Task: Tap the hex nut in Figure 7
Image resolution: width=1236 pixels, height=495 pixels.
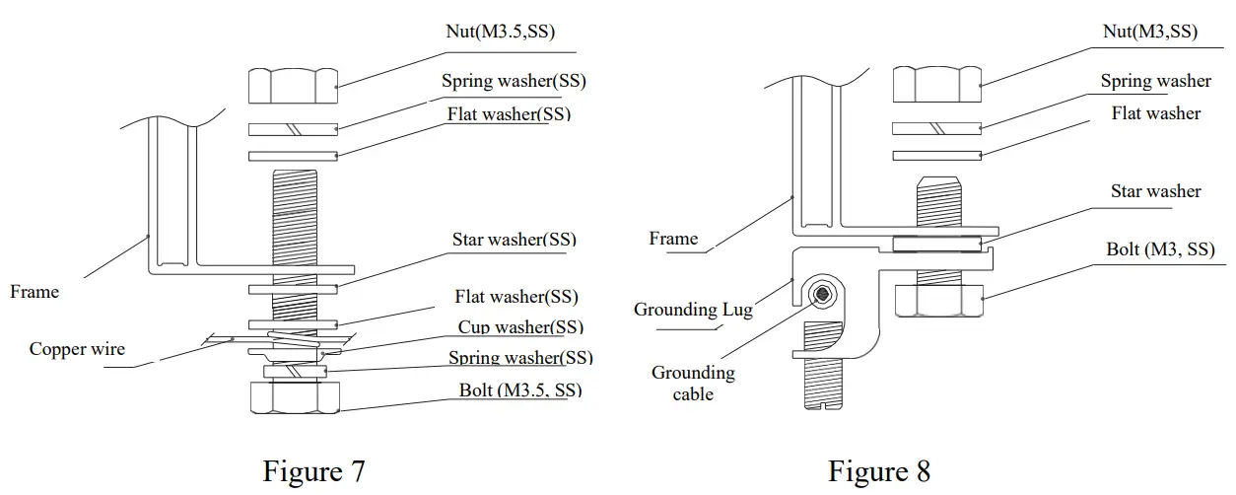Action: coord(293,86)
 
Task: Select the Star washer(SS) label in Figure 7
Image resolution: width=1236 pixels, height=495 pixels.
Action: coord(514,240)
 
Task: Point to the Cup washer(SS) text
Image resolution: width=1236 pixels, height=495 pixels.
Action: coord(520,327)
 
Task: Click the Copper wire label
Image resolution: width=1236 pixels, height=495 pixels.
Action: coord(77,349)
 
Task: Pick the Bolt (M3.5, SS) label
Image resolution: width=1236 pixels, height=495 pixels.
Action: coord(519,389)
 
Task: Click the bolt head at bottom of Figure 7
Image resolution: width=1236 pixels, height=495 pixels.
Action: coord(293,397)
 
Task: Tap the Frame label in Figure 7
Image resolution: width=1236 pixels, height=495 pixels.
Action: coord(34,292)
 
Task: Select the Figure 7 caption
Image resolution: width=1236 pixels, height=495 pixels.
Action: coord(313,470)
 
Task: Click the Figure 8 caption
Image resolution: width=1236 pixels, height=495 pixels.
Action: coord(878,470)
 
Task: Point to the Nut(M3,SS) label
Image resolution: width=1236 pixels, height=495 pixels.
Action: coord(1149,32)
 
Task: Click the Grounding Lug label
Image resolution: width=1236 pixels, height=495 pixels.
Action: coord(693,310)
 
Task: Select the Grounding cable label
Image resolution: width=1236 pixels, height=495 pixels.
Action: coord(693,384)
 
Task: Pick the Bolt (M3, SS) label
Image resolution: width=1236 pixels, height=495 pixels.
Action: coord(1160,249)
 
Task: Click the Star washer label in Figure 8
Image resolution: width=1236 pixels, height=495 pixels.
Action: coord(1155,191)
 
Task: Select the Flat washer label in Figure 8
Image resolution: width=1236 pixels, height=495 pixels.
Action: coord(1155,113)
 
